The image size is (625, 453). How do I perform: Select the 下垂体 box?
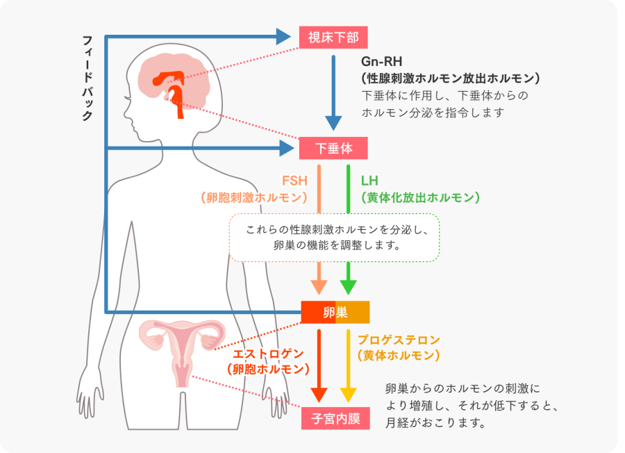click(x=333, y=148)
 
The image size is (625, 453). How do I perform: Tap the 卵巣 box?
click(x=335, y=312)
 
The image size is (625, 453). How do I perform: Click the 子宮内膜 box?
click(x=335, y=419)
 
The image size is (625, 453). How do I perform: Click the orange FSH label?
click(x=294, y=181)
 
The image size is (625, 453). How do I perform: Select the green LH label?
click(x=369, y=181)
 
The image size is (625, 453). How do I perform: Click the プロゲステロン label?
click(x=399, y=340)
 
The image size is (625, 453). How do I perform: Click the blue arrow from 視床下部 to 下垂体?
click(x=334, y=90)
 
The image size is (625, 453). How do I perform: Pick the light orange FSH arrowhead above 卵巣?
click(x=319, y=286)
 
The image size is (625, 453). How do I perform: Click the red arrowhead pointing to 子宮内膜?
click(x=319, y=394)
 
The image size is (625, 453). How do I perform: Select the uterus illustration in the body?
click(x=181, y=347)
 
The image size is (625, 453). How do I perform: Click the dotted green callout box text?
click(x=334, y=237)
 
